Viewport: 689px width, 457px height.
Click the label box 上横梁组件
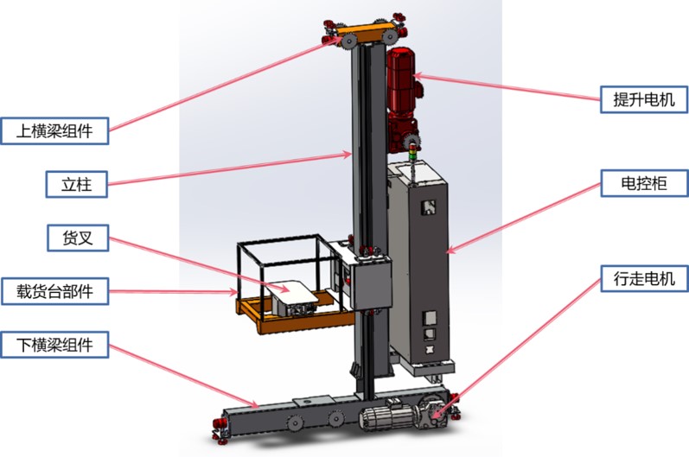[54, 130]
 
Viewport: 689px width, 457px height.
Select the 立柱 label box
[76, 184]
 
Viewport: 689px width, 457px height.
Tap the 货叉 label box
[78, 238]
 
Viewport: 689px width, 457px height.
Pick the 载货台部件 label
[55, 291]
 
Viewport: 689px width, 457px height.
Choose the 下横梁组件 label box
[54, 345]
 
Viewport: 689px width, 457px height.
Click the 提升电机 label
[644, 99]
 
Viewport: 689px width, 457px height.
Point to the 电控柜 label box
[644, 182]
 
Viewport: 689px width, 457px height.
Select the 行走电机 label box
[644, 278]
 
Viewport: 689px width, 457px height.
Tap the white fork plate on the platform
[291, 291]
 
